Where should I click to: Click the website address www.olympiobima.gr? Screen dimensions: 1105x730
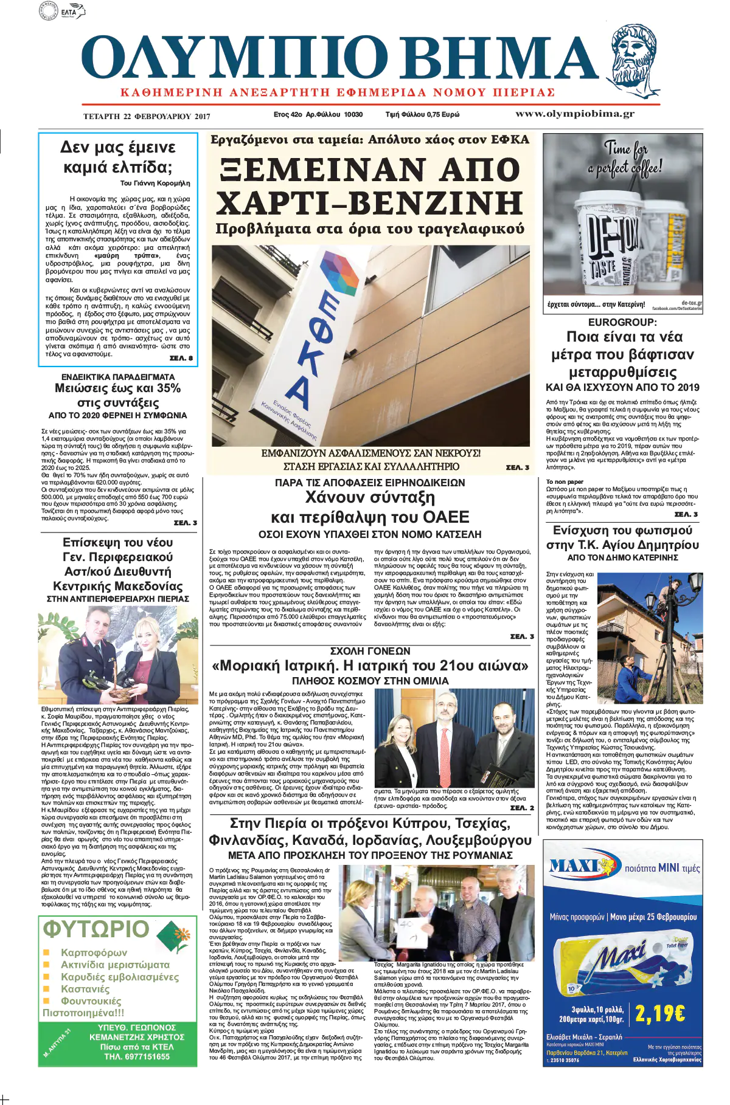pos(575,114)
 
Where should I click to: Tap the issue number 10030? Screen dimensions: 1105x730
pos(353,114)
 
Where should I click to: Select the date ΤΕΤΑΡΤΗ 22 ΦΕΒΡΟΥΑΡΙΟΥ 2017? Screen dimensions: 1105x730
pos(147,116)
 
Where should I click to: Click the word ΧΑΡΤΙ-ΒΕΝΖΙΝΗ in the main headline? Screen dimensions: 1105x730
pos(369,203)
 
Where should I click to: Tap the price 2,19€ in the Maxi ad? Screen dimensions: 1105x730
pos(660,1013)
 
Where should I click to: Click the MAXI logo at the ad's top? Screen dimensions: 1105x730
pos(580,867)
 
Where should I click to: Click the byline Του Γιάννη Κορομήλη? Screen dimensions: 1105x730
pos(155,183)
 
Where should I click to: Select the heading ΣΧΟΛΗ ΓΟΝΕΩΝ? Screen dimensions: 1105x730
pos(370,651)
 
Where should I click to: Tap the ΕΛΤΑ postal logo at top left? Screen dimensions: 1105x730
pos(68,11)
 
